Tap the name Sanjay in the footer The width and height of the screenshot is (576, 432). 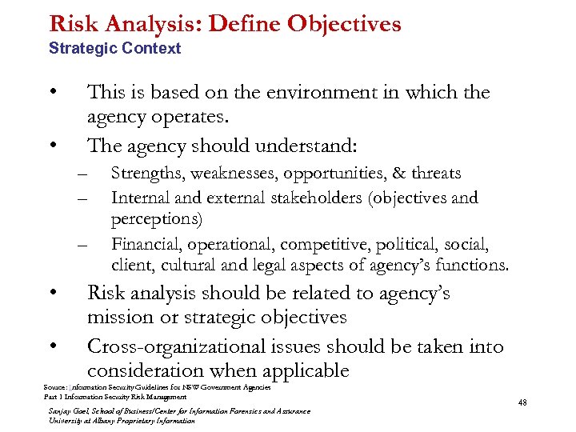(61, 411)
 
